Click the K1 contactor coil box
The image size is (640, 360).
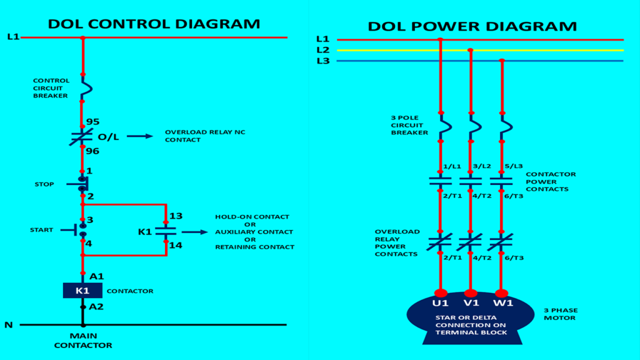tap(82, 291)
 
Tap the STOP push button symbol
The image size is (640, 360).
tap(82, 184)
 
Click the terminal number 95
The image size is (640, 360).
tap(92, 122)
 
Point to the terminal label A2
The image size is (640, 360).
tap(96, 306)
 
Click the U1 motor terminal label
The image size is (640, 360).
tap(441, 303)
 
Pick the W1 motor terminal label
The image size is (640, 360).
tap(502, 303)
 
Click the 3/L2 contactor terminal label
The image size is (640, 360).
tap(482, 166)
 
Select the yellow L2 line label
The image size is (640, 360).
tap(322, 50)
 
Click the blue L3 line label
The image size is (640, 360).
tap(322, 61)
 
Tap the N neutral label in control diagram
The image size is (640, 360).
tap(9, 325)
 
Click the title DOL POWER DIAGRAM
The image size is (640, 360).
tap(472, 26)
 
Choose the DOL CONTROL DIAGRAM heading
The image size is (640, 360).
tap(154, 24)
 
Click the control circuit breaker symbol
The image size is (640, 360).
tap(82, 87)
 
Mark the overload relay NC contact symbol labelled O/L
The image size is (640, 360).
tap(81, 137)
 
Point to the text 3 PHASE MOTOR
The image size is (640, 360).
tap(560, 314)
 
